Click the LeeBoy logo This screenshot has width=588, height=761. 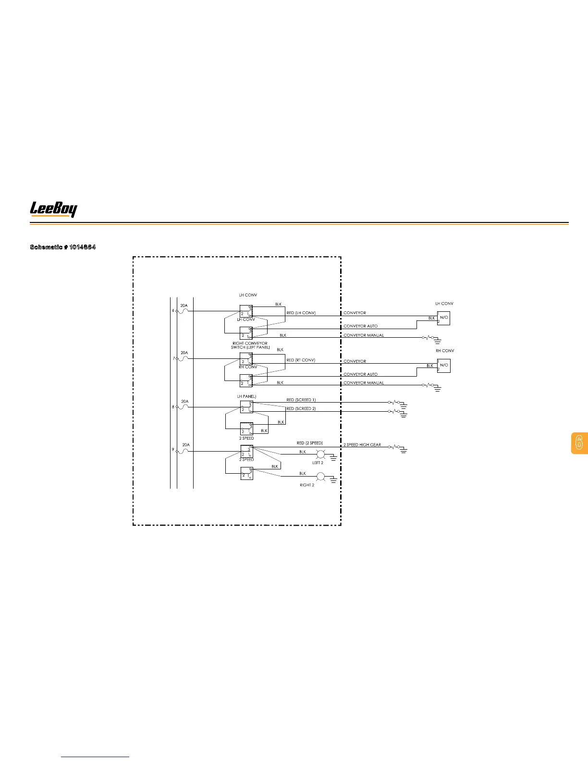(x=53, y=209)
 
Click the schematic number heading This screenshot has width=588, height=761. (x=63, y=247)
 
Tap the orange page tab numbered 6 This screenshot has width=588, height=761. (x=579, y=443)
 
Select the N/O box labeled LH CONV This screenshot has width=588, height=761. (x=444, y=318)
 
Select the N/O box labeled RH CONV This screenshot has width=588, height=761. (x=444, y=365)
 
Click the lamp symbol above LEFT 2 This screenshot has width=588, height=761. (x=320, y=454)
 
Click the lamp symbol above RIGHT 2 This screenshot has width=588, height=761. (x=320, y=477)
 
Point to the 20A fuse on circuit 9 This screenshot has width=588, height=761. (x=185, y=451)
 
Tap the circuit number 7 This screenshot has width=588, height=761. (x=173, y=358)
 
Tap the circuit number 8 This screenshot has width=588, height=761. (x=173, y=407)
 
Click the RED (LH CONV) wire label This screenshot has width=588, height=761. (x=301, y=313)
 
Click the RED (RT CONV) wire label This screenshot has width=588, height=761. (x=301, y=360)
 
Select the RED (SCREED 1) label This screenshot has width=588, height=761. (x=301, y=400)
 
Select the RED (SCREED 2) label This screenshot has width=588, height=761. (x=301, y=408)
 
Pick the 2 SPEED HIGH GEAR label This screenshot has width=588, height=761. (x=362, y=445)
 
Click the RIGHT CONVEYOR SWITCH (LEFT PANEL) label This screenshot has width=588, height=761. (x=250, y=345)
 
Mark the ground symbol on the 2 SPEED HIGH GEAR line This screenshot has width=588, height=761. (x=404, y=450)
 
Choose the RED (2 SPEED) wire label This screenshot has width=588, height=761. (x=309, y=443)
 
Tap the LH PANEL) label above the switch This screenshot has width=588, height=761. (x=246, y=396)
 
